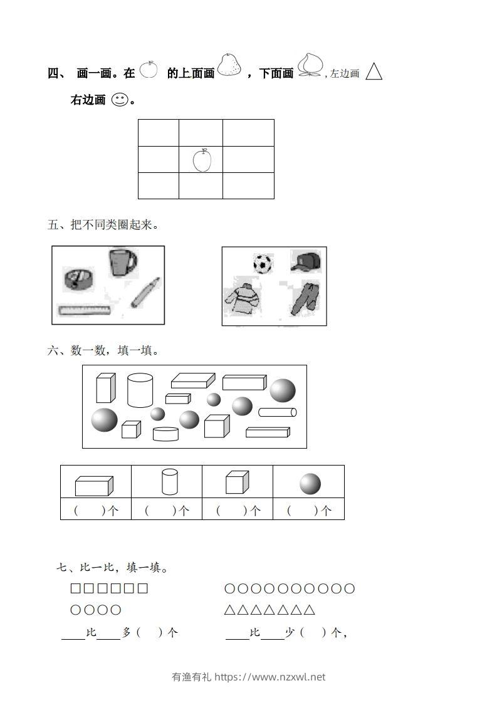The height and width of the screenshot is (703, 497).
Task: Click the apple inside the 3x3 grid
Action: tap(202, 160)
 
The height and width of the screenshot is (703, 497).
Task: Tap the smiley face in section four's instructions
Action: tap(119, 100)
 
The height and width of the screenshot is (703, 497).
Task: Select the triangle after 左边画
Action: tap(374, 72)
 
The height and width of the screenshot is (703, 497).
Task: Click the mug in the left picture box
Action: tap(123, 262)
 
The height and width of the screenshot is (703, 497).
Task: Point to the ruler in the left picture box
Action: tap(85, 310)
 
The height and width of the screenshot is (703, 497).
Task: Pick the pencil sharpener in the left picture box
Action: tap(78, 279)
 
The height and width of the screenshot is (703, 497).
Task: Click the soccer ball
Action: tap(263, 263)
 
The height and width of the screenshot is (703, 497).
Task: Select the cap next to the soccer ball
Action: tap(306, 261)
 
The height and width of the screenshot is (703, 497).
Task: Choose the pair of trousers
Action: tap(306, 298)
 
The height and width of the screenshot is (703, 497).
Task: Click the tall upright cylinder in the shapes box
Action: tap(140, 390)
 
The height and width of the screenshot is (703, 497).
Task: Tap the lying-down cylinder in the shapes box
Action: tap(278, 412)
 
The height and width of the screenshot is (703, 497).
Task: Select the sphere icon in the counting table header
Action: tap(310, 484)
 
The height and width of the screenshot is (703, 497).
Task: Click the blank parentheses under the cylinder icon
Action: tap(167, 511)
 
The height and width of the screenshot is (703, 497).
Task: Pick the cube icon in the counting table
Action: tap(238, 483)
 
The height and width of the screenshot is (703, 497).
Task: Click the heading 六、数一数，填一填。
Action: tap(103, 351)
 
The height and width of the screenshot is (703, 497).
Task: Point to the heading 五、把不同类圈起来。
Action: tap(103, 224)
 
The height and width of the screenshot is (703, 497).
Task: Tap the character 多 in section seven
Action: tap(127, 633)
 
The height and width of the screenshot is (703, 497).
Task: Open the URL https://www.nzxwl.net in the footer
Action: tap(270, 677)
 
